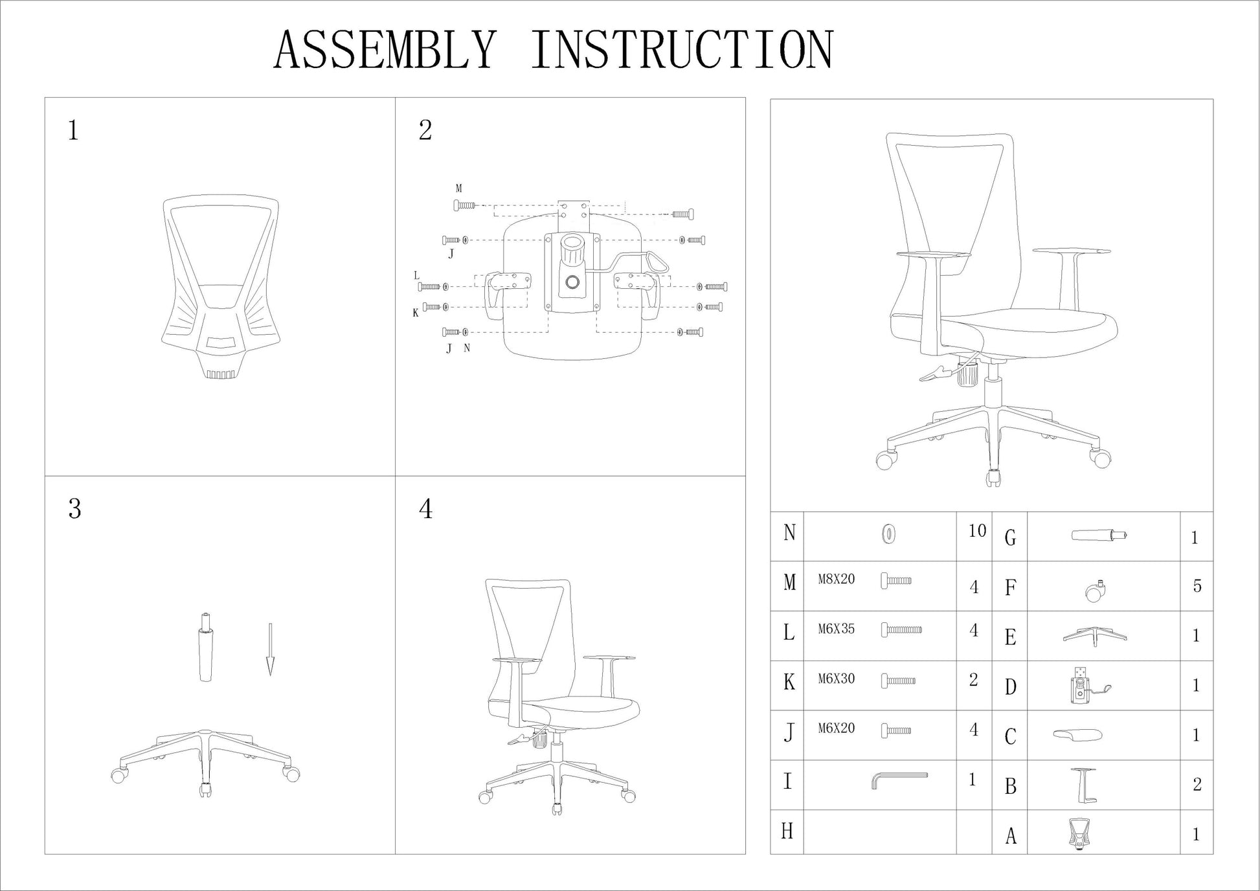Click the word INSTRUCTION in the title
pos(682,50)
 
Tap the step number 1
pos(73,130)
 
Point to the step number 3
pos(74,509)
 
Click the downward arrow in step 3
pos(271,649)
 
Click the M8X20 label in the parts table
pos(836,580)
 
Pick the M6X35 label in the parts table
pos(836,629)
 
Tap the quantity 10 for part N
pos(977,531)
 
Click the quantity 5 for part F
pos(1197,586)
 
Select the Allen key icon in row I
pos(899,780)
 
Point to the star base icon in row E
pos(1095,636)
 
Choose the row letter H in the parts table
pos(787,831)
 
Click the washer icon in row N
pos(889,535)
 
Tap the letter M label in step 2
pos(458,188)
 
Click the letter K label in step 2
pos(416,313)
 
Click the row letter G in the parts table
pos(1010,537)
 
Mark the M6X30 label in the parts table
pos(836,679)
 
